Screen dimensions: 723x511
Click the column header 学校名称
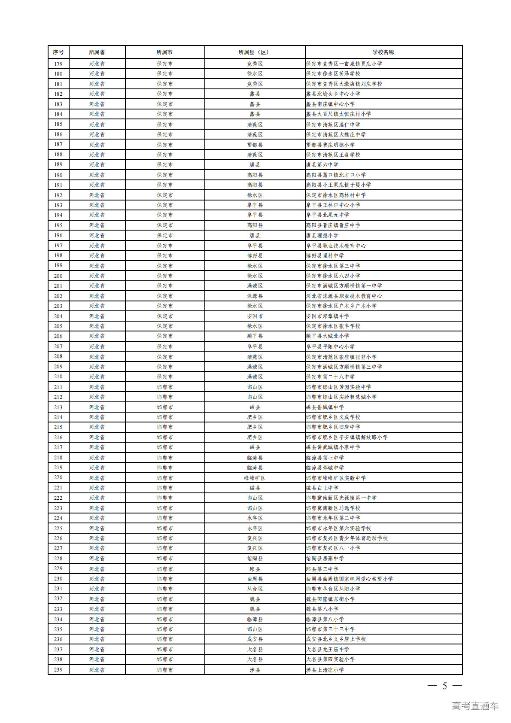click(383, 52)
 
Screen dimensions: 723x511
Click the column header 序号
click(58, 52)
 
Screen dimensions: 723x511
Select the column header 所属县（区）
click(255, 52)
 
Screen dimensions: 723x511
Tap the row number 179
click(58, 64)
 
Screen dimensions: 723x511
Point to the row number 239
click(58, 670)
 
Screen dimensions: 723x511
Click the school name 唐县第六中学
click(322, 165)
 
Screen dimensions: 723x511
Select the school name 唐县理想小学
click(322, 236)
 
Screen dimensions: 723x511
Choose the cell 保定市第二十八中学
click(330, 377)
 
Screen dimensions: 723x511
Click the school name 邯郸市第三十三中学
click(330, 629)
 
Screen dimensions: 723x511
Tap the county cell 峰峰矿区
click(255, 478)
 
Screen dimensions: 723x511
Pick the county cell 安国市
click(255, 316)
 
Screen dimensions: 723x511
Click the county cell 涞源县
click(255, 296)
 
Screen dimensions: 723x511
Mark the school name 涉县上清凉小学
click(325, 670)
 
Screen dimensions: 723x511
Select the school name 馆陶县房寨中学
click(325, 559)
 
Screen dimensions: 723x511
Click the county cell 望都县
click(255, 145)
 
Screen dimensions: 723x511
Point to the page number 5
click(444, 686)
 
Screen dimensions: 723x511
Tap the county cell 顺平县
click(255, 336)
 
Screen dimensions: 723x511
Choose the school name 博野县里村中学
click(325, 256)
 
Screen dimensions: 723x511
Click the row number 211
click(58, 387)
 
